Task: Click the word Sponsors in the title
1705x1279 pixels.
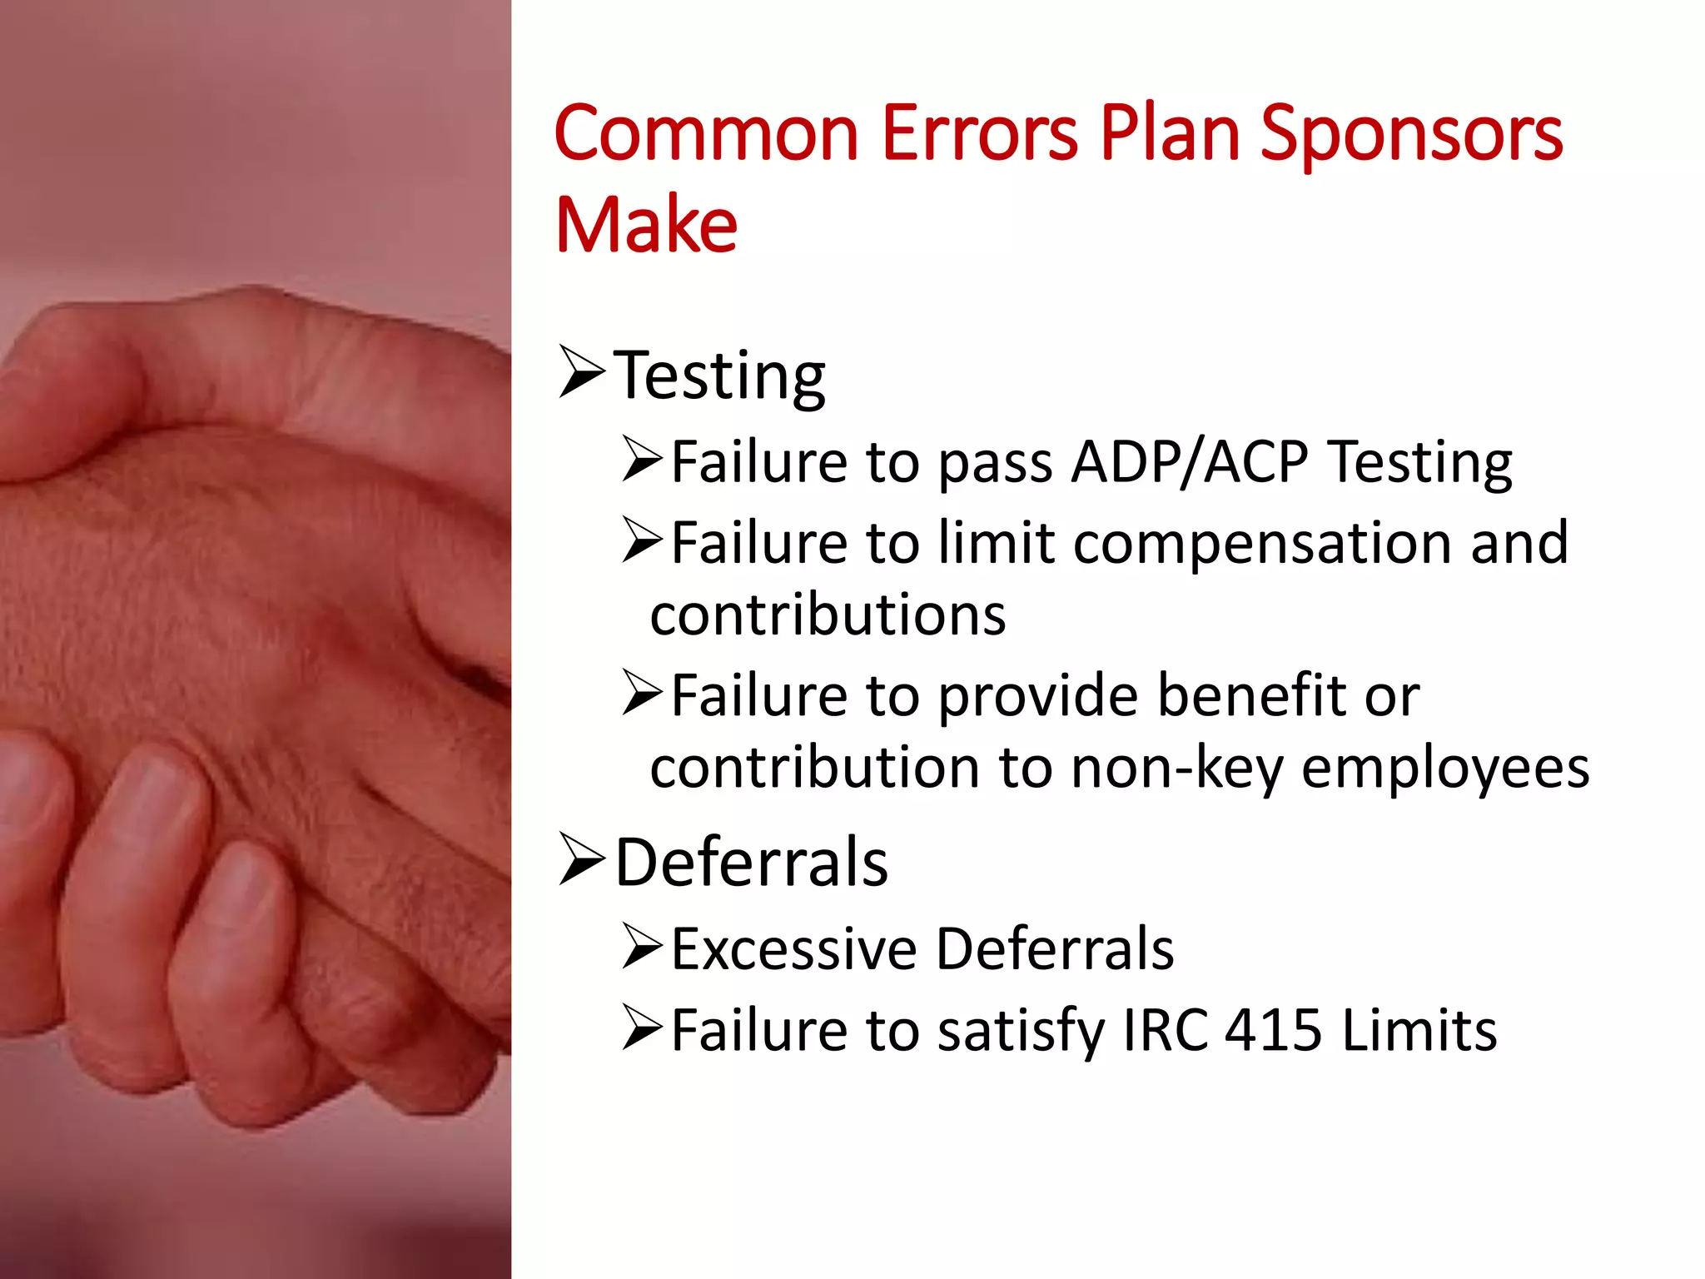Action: tap(1411, 135)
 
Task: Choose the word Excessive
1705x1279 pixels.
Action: tap(793, 948)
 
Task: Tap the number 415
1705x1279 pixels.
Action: tap(1273, 1030)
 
